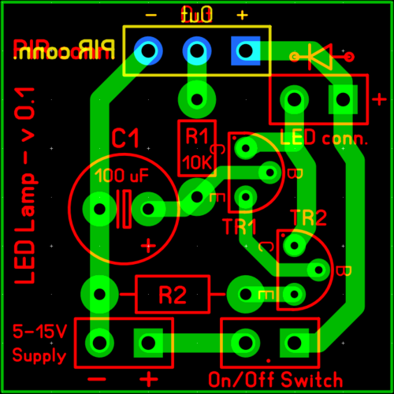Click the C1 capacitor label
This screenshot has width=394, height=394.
(125, 140)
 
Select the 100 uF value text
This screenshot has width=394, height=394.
(121, 175)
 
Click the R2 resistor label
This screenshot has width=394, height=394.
(172, 295)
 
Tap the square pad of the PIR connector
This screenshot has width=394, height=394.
(245, 51)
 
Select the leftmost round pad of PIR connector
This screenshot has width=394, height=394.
(147, 51)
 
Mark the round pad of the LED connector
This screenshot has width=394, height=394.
(294, 99)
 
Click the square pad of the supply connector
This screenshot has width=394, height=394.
(147, 342)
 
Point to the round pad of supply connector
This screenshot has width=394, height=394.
(98, 342)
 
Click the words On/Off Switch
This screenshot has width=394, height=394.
(275, 378)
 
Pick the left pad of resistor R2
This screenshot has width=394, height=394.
(98, 293)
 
